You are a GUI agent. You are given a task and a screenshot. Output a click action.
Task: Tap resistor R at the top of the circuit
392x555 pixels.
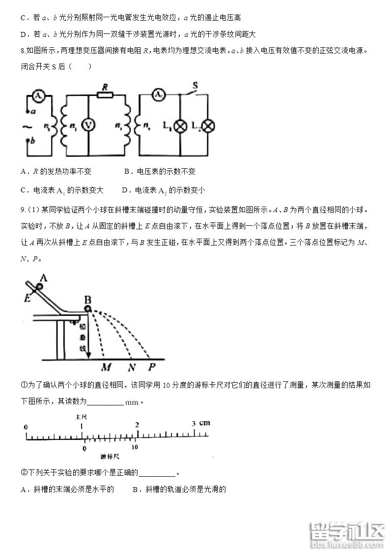pyautogui.click(x=105, y=94)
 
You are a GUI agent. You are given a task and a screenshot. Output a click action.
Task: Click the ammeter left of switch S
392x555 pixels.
pyautogui.click(x=158, y=95)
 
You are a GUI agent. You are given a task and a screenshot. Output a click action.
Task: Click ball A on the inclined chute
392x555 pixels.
pyautogui.click(x=39, y=287)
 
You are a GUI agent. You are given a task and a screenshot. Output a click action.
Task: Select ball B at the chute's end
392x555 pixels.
pyautogui.click(x=88, y=308)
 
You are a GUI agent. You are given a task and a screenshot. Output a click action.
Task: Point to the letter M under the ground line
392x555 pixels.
pyautogui.click(x=106, y=367)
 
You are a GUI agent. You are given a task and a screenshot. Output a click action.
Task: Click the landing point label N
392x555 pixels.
pyautogui.click(x=132, y=367)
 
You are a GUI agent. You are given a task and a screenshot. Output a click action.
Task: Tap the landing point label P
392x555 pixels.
pyautogui.click(x=152, y=367)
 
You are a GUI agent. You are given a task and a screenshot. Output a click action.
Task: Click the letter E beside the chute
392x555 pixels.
pyautogui.click(x=27, y=298)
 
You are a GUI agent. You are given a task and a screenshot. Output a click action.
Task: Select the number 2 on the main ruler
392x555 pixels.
pyautogui.click(x=137, y=424)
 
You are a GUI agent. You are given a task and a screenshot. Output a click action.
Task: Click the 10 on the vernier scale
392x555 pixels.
pyautogui.click(x=135, y=447)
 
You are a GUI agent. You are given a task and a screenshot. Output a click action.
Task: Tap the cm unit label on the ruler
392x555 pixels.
pyautogui.click(x=205, y=423)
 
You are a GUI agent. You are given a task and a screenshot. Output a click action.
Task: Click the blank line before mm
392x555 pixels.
pyautogui.click(x=105, y=402)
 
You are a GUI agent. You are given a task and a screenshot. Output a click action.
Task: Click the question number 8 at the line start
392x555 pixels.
pyautogui.click(x=23, y=51)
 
